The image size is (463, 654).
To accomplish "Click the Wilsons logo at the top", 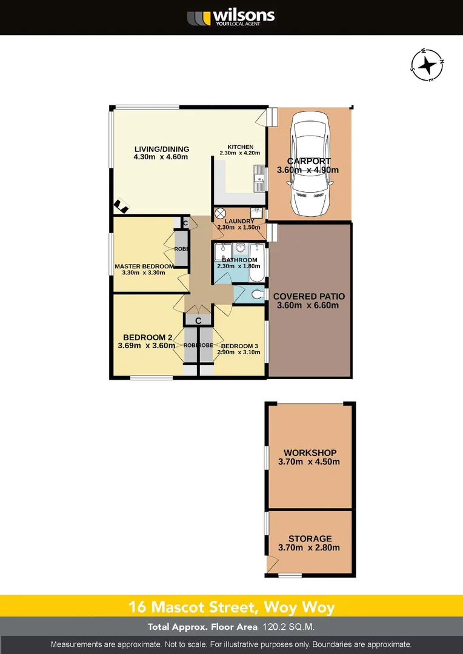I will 231,17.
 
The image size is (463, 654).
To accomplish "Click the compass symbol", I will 427,64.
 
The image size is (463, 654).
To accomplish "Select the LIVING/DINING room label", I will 161,149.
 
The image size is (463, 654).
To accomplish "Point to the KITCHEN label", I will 240,147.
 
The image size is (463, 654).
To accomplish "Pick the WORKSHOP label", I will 310,452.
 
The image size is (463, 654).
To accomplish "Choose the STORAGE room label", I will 310,538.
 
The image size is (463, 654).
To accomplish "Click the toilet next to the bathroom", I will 258,294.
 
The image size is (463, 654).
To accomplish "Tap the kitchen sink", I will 259,177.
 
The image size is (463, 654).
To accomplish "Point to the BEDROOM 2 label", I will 148,337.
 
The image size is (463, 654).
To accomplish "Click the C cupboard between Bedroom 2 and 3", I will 198,320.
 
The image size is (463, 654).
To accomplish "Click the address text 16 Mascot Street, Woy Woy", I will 231,606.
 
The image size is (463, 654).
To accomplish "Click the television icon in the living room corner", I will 121,207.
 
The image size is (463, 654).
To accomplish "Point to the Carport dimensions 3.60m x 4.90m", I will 308,170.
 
